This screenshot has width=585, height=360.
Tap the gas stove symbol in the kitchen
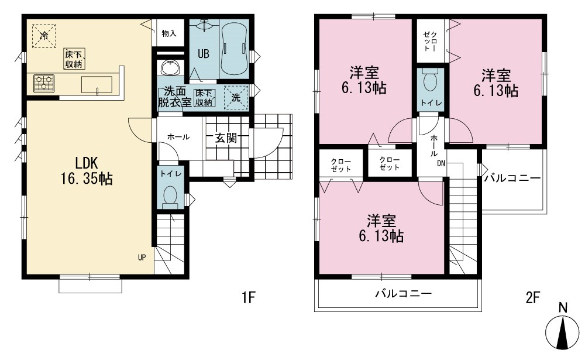44,84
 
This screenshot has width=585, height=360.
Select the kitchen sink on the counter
97,84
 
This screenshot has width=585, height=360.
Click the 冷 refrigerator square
44,36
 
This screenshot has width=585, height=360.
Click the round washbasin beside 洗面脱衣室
171,67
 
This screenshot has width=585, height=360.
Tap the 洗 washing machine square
236,98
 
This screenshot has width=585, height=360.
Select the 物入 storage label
169,33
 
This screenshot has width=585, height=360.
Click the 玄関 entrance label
226,138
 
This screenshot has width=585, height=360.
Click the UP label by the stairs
142,257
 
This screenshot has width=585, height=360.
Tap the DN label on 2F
441,163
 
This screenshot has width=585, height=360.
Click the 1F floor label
248,297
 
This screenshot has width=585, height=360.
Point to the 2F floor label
533,297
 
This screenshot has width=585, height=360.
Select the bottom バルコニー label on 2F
403,293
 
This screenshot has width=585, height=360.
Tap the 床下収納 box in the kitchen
74,59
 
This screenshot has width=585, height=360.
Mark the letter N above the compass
563,308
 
